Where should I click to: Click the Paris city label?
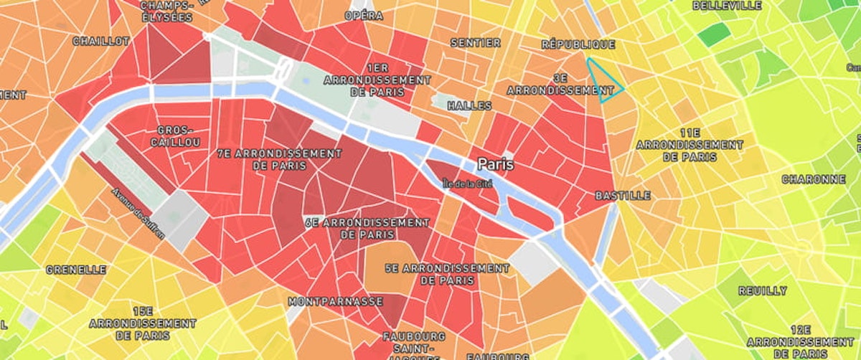(496, 164)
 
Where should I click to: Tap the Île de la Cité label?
(469, 183)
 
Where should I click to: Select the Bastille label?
(623, 195)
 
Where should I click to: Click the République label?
(578, 44)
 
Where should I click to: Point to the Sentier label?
(475, 43)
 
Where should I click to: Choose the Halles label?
(469, 105)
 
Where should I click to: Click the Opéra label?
(363, 15)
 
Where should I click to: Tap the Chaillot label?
(101, 42)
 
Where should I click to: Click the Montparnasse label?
(335, 302)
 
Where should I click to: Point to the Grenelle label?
(75, 270)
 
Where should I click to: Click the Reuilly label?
(762, 291)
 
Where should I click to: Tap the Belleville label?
(727, 6)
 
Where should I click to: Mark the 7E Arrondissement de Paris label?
(279, 159)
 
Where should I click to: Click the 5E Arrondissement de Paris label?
(446, 274)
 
